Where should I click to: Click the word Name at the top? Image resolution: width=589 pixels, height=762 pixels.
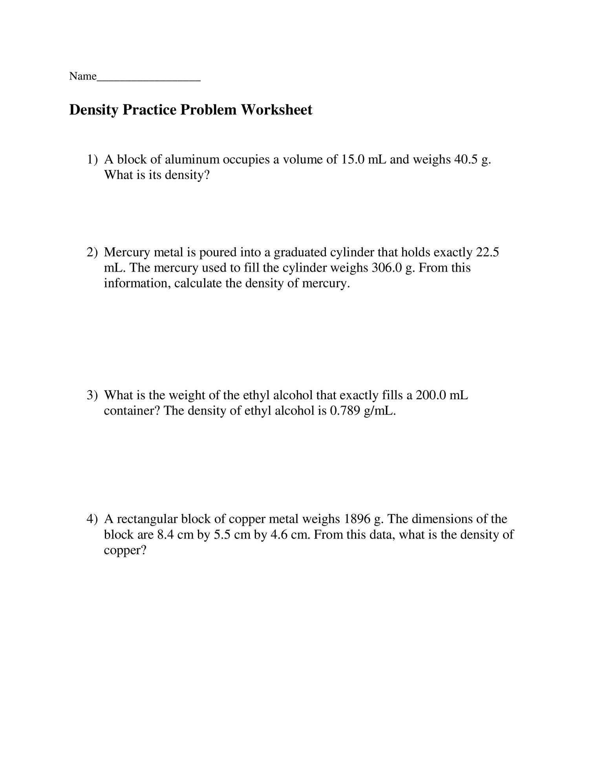coord(82,76)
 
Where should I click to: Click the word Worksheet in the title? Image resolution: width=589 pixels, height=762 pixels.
coord(276,110)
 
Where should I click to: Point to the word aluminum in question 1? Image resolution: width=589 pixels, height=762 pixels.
coord(192,160)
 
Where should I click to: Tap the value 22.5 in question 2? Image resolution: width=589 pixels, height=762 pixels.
coord(487,252)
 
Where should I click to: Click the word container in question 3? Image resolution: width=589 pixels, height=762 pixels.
coord(132,411)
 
